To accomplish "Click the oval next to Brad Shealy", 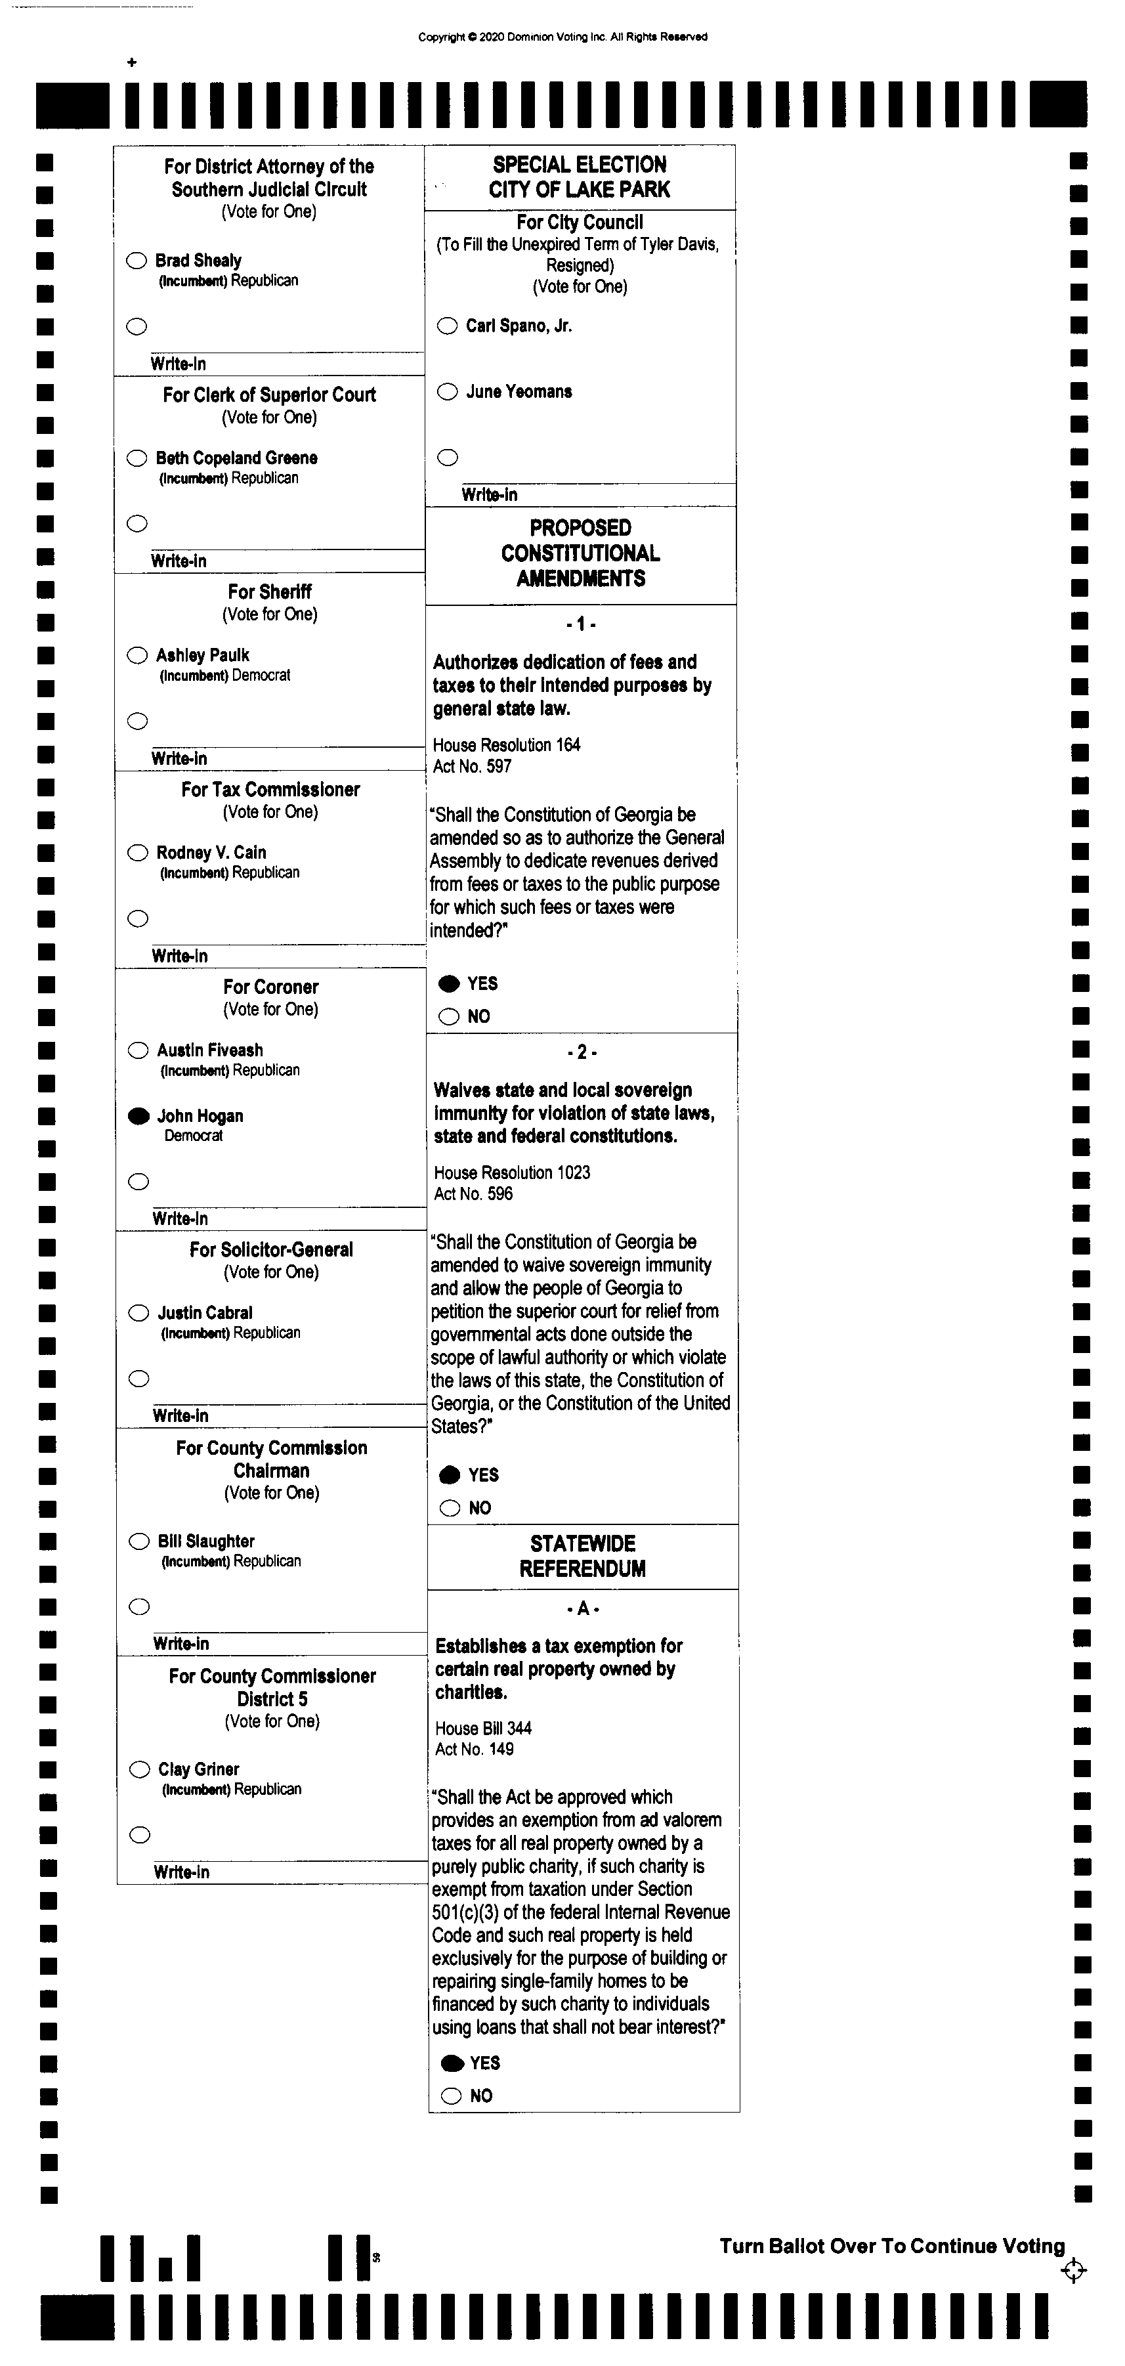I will tap(137, 261).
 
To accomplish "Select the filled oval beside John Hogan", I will tap(138, 1116).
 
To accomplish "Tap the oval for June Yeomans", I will tap(447, 392).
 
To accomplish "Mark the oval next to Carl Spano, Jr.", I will tap(447, 326).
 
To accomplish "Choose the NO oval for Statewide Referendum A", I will tap(452, 2095).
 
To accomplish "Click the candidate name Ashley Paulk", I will tap(202, 655).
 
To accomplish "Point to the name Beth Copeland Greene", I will tap(236, 458).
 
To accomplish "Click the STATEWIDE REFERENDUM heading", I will tap(582, 1556).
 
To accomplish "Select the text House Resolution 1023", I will tap(511, 1172).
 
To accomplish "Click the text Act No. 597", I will tap(472, 766).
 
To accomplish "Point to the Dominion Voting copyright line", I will tap(562, 37).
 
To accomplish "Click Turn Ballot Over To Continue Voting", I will tap(892, 2246).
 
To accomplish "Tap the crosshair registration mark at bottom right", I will tap(1072, 2270).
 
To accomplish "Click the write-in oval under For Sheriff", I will tap(138, 721).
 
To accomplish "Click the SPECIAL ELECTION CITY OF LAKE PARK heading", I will tap(580, 177).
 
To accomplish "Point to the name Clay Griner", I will tap(198, 1769).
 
